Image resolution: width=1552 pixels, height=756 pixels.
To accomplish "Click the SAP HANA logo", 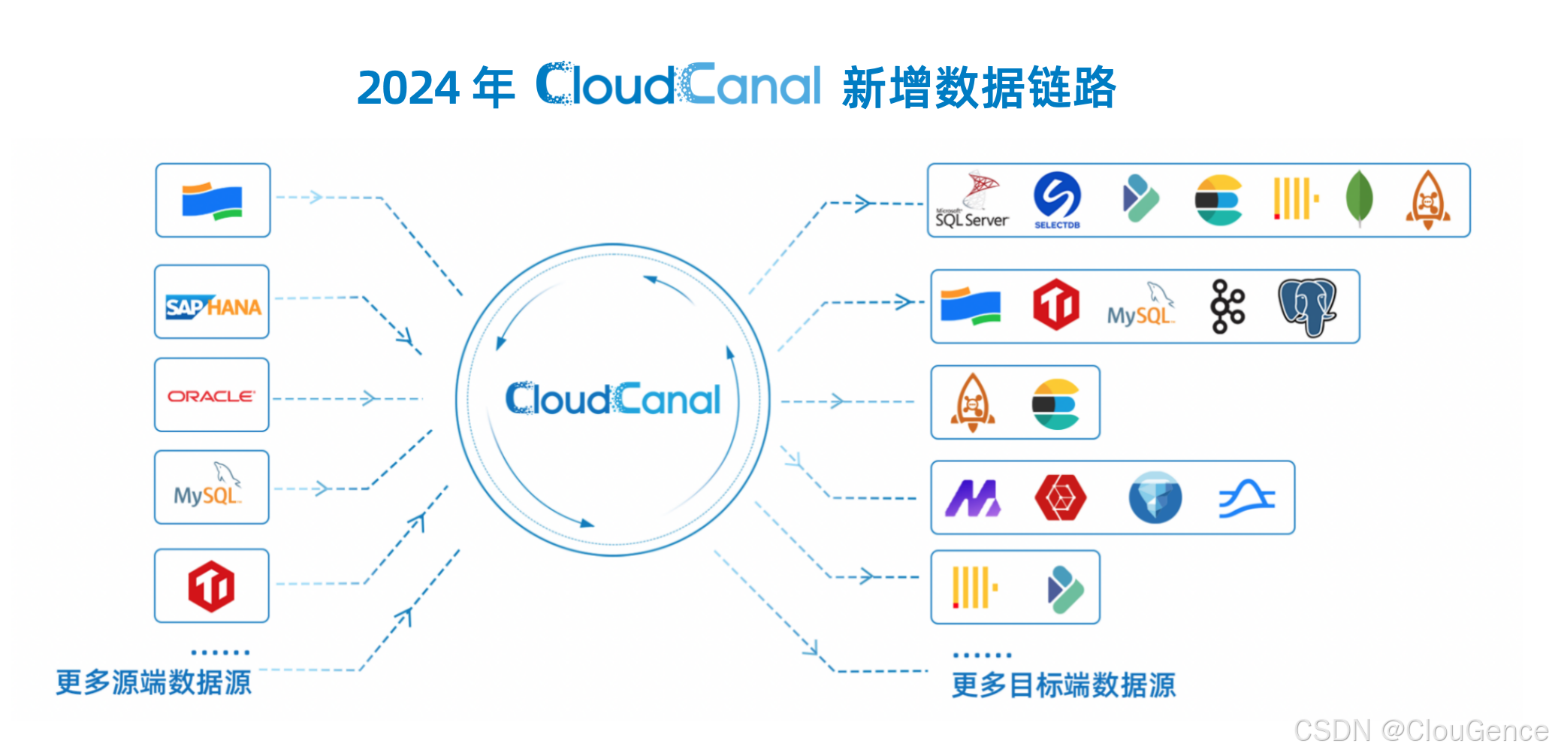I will [213, 307].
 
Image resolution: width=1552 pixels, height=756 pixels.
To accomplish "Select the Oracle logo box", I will [211, 395].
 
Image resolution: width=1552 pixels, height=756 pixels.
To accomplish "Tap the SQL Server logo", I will [972, 201].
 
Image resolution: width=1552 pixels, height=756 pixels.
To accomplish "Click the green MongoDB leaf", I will [1359, 198].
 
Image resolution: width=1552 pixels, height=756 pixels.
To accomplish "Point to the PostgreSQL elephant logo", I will [1308, 307].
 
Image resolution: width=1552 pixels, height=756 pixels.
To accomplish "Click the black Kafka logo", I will [1227, 306].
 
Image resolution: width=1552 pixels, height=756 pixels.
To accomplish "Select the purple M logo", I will [973, 498].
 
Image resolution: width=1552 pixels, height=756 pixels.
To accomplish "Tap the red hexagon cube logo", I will [1060, 497].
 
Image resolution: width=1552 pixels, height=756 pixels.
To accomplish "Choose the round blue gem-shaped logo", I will [1155, 497].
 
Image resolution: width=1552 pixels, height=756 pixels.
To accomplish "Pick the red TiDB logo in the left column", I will [211, 586].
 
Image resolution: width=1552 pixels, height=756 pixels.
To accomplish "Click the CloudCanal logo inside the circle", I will [612, 399].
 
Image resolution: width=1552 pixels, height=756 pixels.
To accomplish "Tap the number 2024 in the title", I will [408, 88].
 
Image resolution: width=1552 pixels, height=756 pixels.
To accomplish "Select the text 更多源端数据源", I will [154, 682].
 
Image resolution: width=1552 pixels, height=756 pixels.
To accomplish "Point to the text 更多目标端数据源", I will [1063, 685].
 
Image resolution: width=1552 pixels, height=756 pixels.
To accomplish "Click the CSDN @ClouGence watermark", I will [1421, 730].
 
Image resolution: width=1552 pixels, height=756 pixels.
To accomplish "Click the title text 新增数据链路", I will [979, 88].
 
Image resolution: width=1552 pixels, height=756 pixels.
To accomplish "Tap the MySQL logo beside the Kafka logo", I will [1140, 307].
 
